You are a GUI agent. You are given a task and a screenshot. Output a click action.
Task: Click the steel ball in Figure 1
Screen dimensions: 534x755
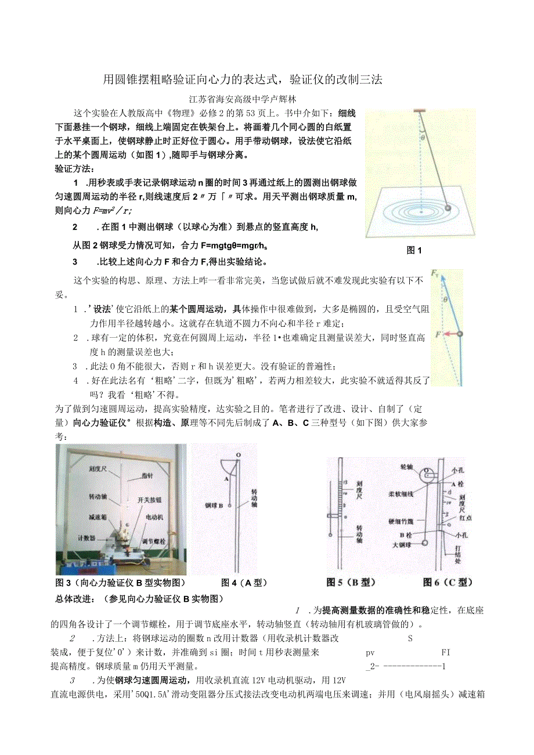pyautogui.click(x=448, y=208)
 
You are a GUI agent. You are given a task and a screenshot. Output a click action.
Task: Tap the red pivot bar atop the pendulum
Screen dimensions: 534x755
pyautogui.click(x=419, y=110)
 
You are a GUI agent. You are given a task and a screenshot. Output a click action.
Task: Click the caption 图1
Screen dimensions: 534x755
pyautogui.click(x=414, y=250)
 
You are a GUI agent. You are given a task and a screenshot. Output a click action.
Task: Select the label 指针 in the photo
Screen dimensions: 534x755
pyautogui.click(x=147, y=475)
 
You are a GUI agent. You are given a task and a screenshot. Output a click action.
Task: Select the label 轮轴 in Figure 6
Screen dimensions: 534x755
pyautogui.click(x=406, y=465)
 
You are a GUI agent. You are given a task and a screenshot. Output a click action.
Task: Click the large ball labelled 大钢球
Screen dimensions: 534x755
pyautogui.click(x=424, y=543)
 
